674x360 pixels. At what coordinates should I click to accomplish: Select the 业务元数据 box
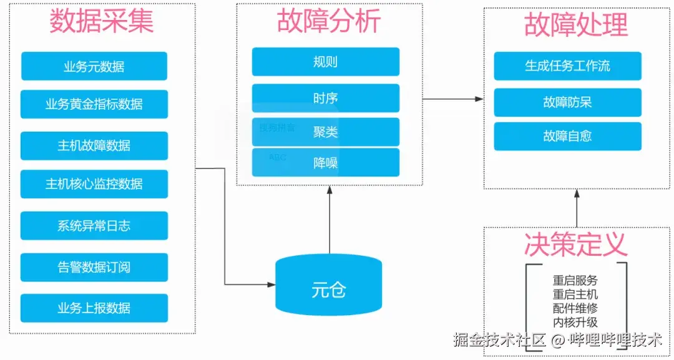[x=94, y=66]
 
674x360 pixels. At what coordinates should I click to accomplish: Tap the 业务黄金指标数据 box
[x=94, y=104]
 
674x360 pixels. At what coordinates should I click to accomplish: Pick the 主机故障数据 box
[x=94, y=145]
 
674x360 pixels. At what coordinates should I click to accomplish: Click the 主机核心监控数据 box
[x=94, y=184]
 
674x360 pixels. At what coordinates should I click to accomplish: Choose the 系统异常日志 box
[x=94, y=226]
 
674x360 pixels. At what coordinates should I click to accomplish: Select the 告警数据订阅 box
[x=94, y=267]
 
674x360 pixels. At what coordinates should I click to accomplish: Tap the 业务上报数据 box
[x=94, y=308]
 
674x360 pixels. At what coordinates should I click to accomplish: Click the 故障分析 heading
[x=329, y=22]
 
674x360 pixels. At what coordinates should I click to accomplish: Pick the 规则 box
[x=326, y=62]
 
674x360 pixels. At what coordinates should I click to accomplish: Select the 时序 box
[x=326, y=98]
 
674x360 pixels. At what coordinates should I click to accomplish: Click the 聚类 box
[x=326, y=132]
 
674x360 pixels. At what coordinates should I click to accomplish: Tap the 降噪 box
[x=326, y=163]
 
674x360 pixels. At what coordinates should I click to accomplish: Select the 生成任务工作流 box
[x=567, y=66]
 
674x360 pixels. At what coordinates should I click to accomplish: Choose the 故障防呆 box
[x=567, y=102]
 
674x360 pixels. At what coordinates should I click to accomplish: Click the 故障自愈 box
[x=567, y=136]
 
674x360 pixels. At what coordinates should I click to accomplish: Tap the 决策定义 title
[x=575, y=245]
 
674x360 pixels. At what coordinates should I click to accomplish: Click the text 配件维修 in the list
[x=575, y=308]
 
